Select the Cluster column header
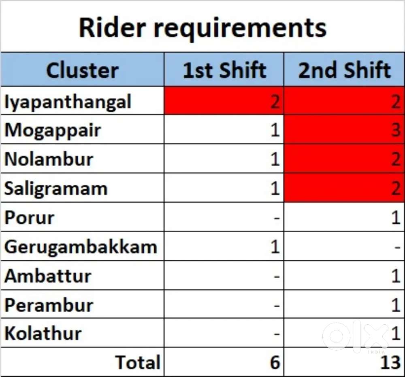click(x=82, y=70)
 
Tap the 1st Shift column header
click(x=224, y=70)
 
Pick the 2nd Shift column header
click(x=345, y=70)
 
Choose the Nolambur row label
click(x=49, y=159)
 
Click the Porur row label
click(x=30, y=217)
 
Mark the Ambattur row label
click(x=48, y=276)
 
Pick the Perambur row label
click(x=49, y=305)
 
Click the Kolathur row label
click(x=43, y=333)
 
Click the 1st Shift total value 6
click(x=275, y=362)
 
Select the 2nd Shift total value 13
click(x=390, y=362)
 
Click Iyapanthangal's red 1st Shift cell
click(x=224, y=101)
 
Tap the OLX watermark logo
click(x=356, y=336)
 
